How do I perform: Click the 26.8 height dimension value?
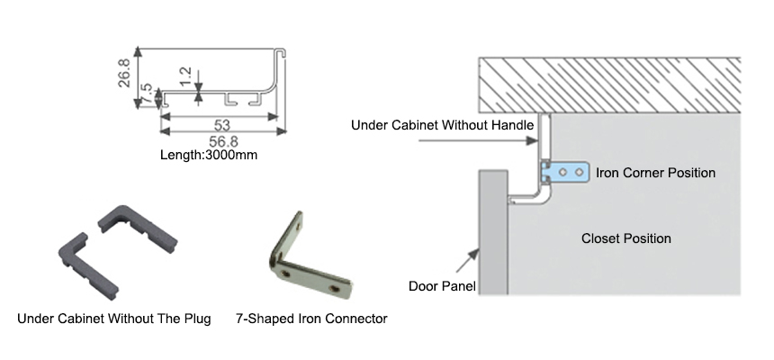[127, 69]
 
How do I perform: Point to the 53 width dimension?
[220, 124]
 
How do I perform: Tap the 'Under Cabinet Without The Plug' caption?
[113, 319]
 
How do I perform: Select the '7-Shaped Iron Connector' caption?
[311, 319]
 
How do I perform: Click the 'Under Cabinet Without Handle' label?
[443, 125]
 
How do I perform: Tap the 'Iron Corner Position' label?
[656, 172]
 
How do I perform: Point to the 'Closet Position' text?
[625, 238]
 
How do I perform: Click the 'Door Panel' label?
[442, 286]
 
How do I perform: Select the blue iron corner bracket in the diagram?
[565, 171]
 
